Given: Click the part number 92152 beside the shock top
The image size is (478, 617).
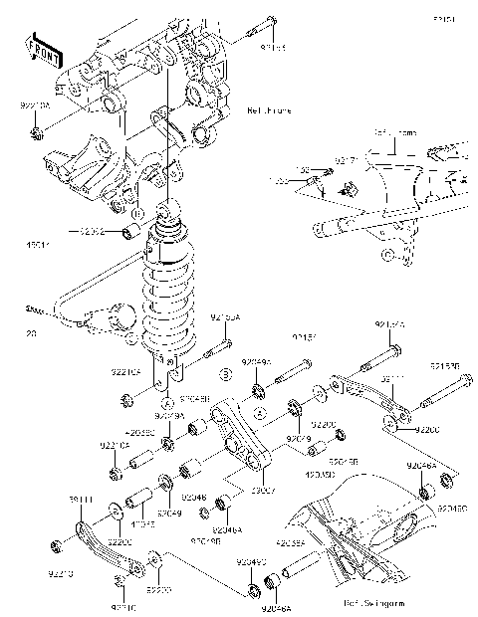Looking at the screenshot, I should pyautogui.click(x=97, y=231).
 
